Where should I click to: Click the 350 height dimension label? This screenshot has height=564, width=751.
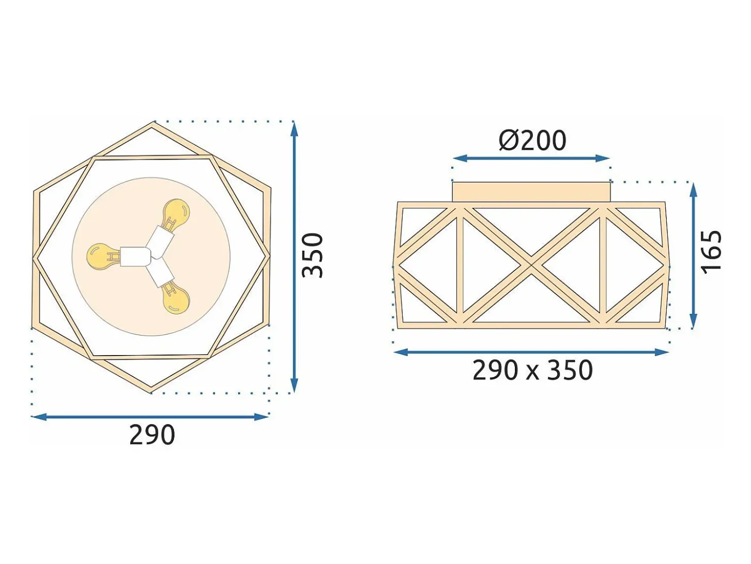click(312, 255)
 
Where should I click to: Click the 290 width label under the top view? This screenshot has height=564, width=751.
click(152, 435)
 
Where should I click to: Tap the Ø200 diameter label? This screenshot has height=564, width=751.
click(532, 140)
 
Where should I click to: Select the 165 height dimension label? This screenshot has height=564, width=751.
click(711, 252)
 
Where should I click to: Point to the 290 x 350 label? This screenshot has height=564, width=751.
click(533, 371)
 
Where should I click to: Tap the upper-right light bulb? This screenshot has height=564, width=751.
click(175, 212)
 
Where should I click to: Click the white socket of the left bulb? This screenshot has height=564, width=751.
click(135, 257)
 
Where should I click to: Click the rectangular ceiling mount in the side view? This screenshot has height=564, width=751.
click(531, 192)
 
